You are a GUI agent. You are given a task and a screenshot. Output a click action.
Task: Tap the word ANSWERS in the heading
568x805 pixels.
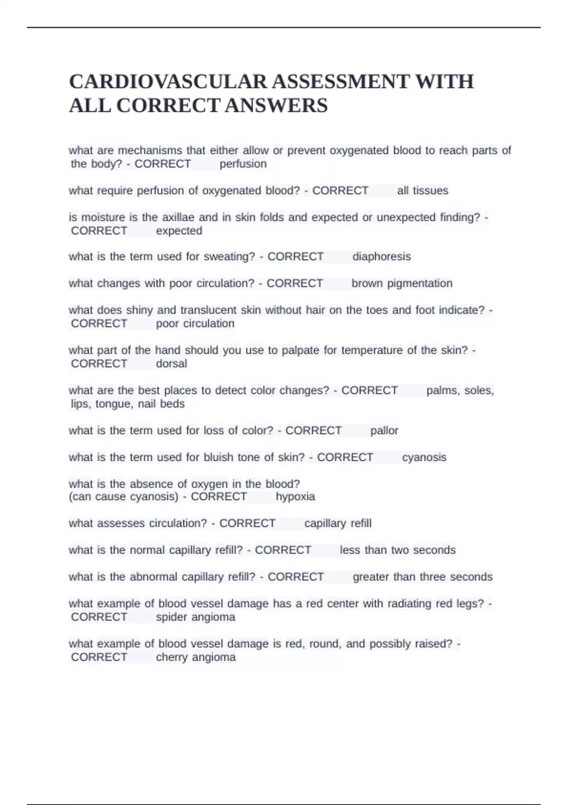pyautogui.click(x=276, y=105)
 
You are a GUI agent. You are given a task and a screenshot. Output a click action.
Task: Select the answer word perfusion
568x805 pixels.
pyautogui.click(x=243, y=164)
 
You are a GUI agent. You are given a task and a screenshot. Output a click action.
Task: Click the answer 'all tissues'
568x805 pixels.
pyautogui.click(x=422, y=190)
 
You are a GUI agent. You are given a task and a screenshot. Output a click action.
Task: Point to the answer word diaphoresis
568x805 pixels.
pyautogui.click(x=382, y=256)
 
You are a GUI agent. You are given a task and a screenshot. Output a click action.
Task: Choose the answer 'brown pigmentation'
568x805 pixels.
pyautogui.click(x=402, y=283)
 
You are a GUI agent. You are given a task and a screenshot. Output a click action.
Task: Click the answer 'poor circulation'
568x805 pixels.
pyautogui.click(x=195, y=323)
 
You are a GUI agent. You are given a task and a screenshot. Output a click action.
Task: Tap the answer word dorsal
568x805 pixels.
pyautogui.click(x=171, y=364)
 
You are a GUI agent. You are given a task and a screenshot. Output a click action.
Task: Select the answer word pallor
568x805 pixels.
pyautogui.click(x=384, y=430)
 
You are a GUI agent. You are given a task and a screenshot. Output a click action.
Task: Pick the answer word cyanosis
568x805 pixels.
pyautogui.click(x=424, y=457)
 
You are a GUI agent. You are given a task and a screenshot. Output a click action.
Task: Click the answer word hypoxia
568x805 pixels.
pyautogui.click(x=295, y=496)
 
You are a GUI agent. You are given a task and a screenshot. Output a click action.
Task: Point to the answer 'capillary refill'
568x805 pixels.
pyautogui.click(x=337, y=523)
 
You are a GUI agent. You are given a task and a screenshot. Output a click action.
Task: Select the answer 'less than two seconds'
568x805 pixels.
pyautogui.click(x=398, y=550)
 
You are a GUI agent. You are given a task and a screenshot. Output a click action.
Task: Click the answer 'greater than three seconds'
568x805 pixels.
pyautogui.click(x=422, y=577)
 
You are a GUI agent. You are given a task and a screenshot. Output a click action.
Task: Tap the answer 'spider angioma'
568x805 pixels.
pyautogui.click(x=195, y=617)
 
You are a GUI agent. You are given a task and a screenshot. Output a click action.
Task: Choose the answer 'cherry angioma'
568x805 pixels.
pyautogui.click(x=195, y=657)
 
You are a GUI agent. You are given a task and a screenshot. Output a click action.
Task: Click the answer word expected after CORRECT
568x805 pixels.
pyautogui.click(x=179, y=231)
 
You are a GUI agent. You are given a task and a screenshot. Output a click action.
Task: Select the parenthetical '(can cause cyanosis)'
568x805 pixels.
pyautogui.click(x=124, y=496)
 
